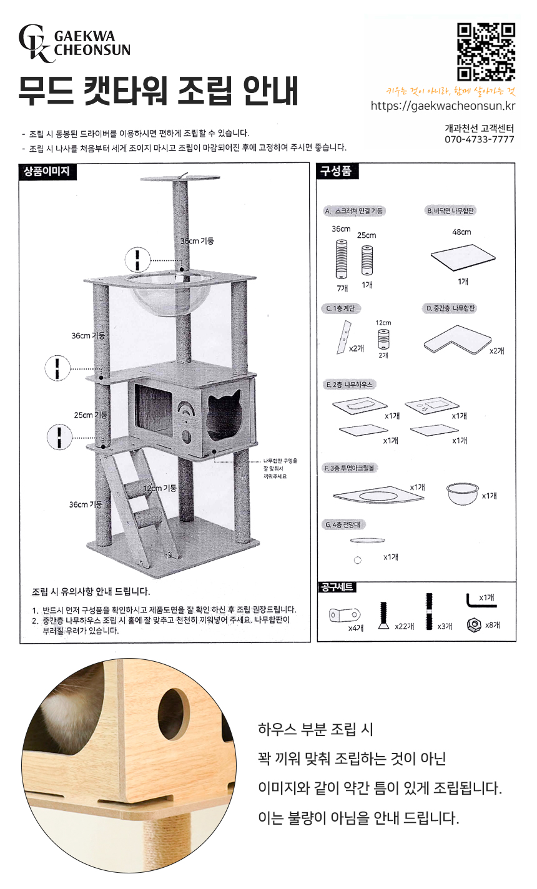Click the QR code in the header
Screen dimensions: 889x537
(x=486, y=52)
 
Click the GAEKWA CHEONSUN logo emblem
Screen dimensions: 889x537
(x=36, y=43)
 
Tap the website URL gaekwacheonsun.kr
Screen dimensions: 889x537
(x=443, y=106)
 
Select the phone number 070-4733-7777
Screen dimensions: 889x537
(x=479, y=139)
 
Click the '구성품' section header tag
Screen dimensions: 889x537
(x=338, y=171)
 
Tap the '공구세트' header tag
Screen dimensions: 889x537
(x=337, y=587)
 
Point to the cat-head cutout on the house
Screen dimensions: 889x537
(x=224, y=415)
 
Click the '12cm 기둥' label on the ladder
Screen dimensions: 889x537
(x=160, y=488)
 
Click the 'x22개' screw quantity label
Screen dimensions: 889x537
(x=405, y=626)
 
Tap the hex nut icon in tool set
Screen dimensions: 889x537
(x=473, y=624)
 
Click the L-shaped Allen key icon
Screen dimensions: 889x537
(x=479, y=601)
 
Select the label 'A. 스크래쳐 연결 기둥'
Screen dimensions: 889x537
(x=354, y=211)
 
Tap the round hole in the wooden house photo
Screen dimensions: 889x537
(x=173, y=711)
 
